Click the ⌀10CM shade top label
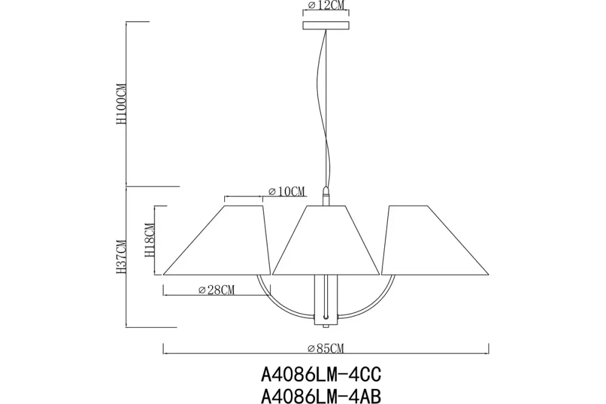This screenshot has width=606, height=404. pyautogui.click(x=285, y=192)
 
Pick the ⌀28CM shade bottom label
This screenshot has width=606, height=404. pyautogui.click(x=216, y=290)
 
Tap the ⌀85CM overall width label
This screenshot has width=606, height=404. pyautogui.click(x=325, y=348)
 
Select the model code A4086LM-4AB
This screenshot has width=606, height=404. pyautogui.click(x=321, y=395)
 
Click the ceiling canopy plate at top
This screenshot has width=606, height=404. pyautogui.click(x=326, y=26)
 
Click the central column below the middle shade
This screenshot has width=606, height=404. pyautogui.click(x=326, y=300)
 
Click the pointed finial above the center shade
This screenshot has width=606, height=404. pyautogui.click(x=326, y=196)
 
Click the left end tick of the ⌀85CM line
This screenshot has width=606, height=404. pyautogui.click(x=164, y=348)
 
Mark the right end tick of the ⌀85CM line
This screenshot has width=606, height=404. pyautogui.click(x=489, y=348)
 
